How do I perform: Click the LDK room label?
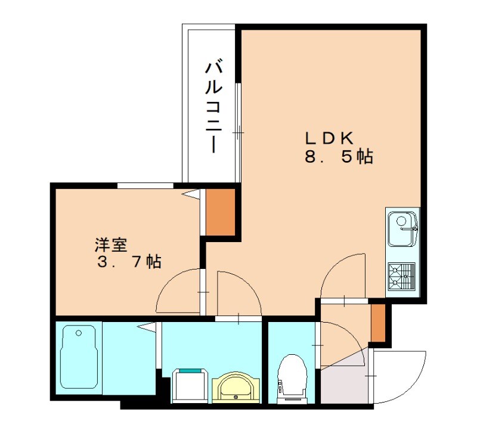(x=330, y=138)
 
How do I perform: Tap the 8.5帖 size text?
(x=337, y=157)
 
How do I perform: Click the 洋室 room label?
(x=111, y=245)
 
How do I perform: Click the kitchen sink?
(x=402, y=227)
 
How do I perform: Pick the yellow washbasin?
(x=236, y=387)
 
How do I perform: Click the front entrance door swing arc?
(x=402, y=376)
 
